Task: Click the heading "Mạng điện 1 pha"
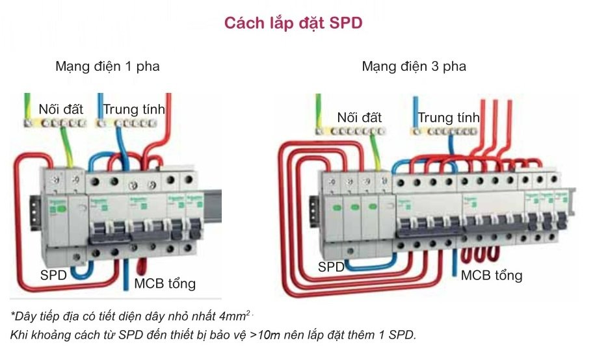107,66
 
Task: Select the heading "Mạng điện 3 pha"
414,66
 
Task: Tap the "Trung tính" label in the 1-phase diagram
134,109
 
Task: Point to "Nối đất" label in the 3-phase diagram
359,118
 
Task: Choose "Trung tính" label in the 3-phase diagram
449,118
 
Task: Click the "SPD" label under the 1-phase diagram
53,275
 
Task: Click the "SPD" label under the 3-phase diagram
332,266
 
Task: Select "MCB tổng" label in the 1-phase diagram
165,283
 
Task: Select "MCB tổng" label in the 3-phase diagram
492,275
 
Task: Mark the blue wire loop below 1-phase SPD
79,272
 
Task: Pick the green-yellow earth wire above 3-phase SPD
377,153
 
